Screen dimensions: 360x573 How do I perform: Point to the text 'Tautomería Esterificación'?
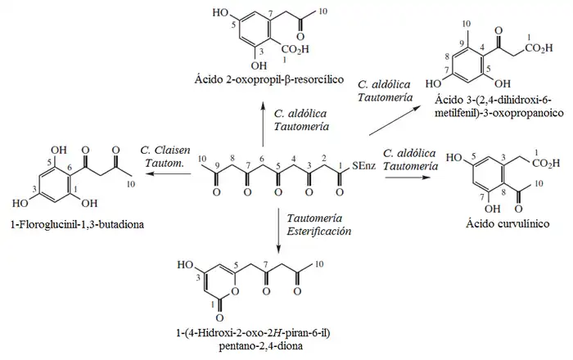(319, 225)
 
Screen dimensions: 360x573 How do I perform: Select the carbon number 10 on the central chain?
(204, 158)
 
